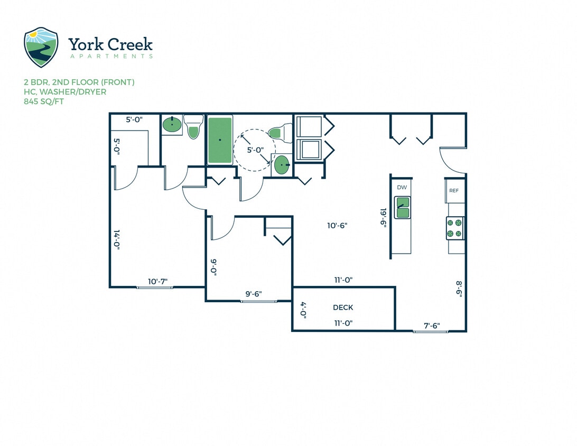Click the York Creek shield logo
click(41, 48)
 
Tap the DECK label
click(343, 308)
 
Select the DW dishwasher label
click(402, 188)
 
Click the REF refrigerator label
click(453, 191)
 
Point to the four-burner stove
click(454, 228)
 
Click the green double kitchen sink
click(403, 208)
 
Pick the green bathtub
click(220, 140)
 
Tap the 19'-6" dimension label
click(384, 217)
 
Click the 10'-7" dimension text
click(158, 282)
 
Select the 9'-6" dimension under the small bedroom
click(254, 294)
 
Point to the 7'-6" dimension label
click(432, 326)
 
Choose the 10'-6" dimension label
click(337, 226)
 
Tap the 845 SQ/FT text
click(44, 101)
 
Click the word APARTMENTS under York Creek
click(110, 56)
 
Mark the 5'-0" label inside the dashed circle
click(256, 150)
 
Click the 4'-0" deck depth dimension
click(303, 309)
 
